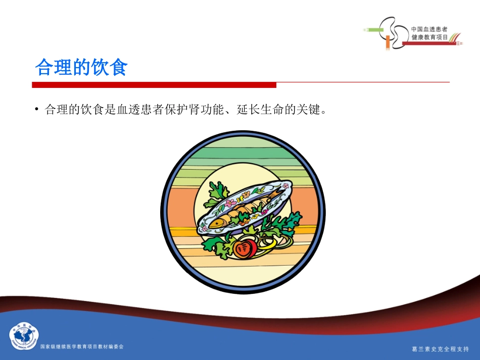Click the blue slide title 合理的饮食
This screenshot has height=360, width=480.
(x=81, y=67)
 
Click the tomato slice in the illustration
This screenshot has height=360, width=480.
(x=245, y=247)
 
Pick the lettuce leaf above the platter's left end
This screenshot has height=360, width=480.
(x=217, y=192)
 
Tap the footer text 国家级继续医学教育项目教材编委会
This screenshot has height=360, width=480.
(x=81, y=346)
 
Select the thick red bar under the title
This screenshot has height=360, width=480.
(x=154, y=85)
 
